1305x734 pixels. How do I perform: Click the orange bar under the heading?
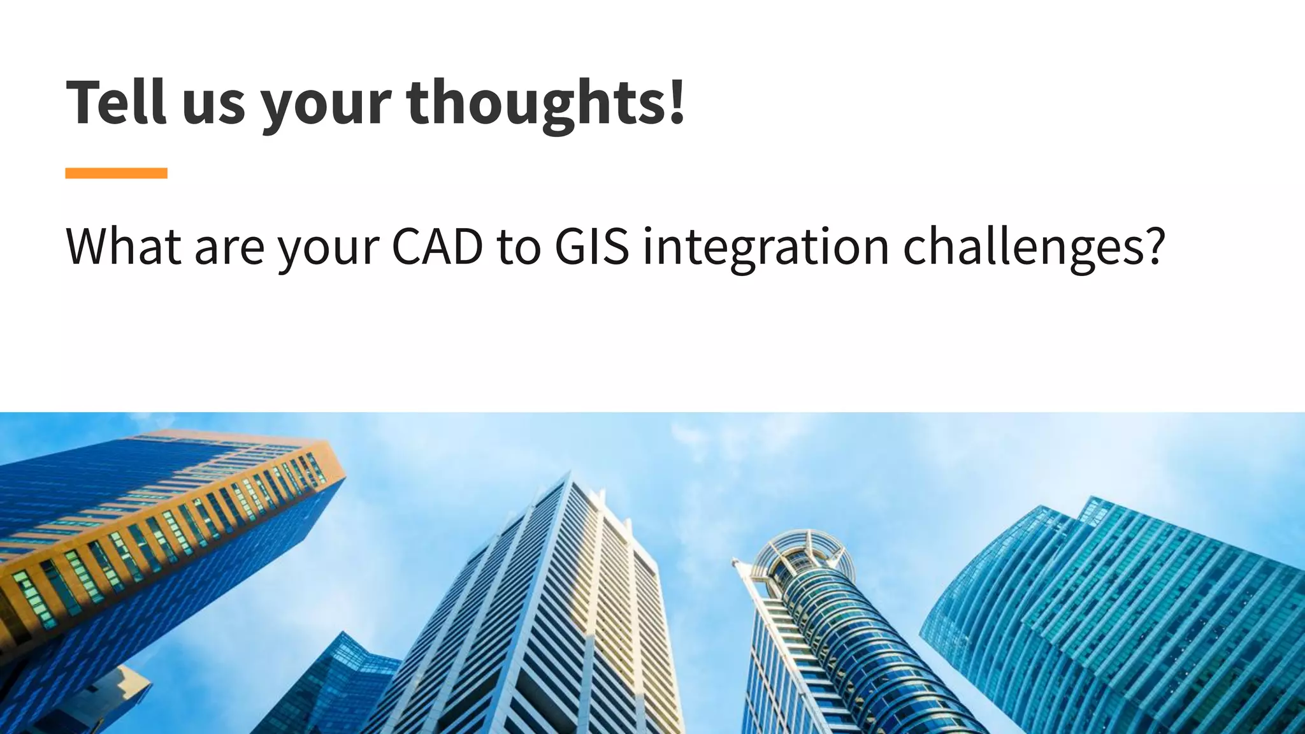116,173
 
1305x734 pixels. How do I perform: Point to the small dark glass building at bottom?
331,688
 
